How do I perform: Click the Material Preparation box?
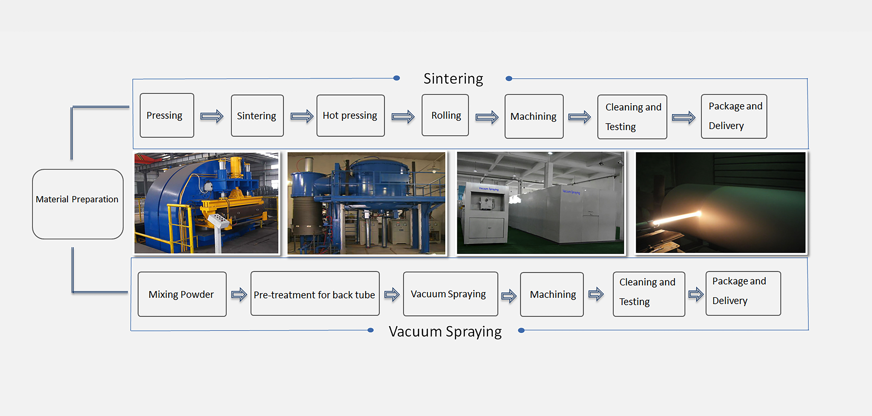pos(78,204)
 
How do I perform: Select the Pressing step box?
pos(167,115)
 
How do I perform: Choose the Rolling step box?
pos(445,115)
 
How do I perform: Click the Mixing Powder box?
pos(182,294)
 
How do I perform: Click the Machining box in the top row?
pos(534,116)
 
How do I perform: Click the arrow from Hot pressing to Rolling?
pos(403,117)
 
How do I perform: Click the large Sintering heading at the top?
pos(453,79)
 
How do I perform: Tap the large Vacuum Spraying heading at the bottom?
pos(445,331)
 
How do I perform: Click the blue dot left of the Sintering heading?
pos(397,78)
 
